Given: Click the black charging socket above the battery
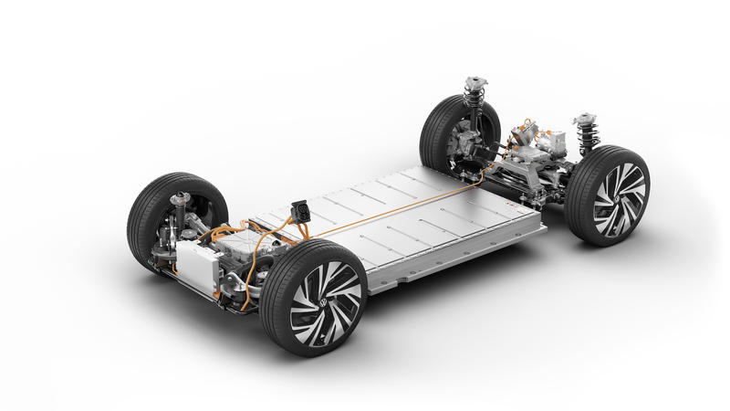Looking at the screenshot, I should tap(298, 211).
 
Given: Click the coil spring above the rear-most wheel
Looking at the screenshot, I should tap(474, 101).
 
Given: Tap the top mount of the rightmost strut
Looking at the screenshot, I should tap(584, 120).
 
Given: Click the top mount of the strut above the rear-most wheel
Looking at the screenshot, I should tap(474, 83).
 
